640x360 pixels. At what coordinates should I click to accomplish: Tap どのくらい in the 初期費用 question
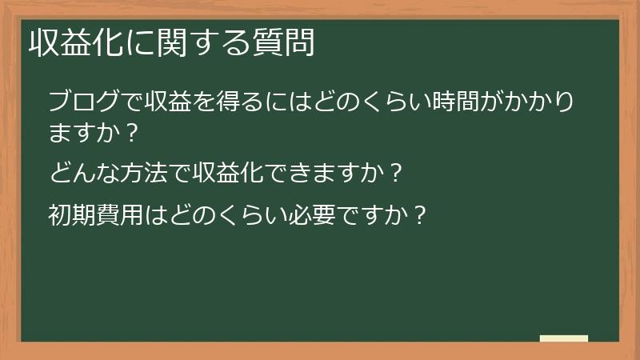226,215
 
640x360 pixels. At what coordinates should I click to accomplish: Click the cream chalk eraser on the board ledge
563,338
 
